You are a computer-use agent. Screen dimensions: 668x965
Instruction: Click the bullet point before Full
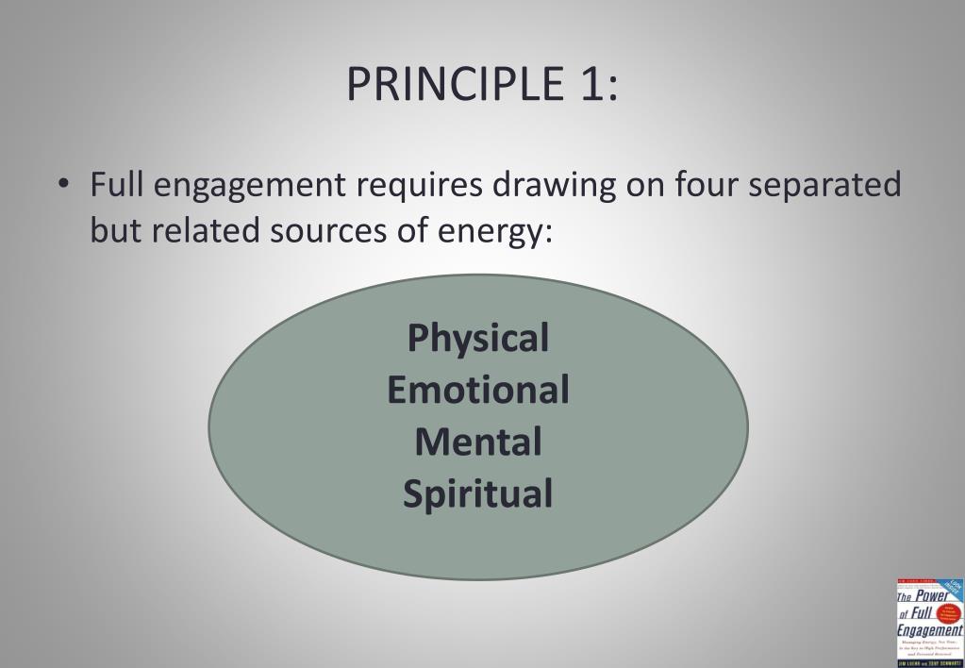coord(62,184)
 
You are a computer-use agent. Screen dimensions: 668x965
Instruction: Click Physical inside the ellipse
coord(478,339)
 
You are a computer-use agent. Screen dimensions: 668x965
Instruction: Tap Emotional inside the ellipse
coord(478,390)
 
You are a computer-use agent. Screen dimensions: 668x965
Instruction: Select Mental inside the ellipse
coord(478,442)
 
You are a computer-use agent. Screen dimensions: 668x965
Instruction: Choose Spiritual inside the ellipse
coord(478,494)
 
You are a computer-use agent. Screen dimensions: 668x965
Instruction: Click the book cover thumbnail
coord(929,622)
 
